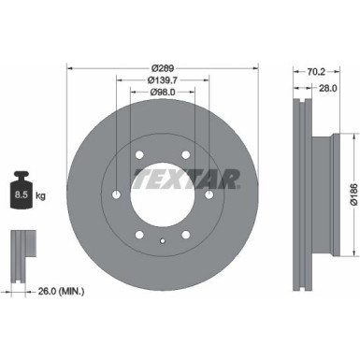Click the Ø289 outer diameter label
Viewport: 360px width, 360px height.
tap(163, 69)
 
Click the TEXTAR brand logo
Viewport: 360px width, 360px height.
tap(185, 178)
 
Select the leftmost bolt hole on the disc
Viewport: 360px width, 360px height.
tap(117, 194)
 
